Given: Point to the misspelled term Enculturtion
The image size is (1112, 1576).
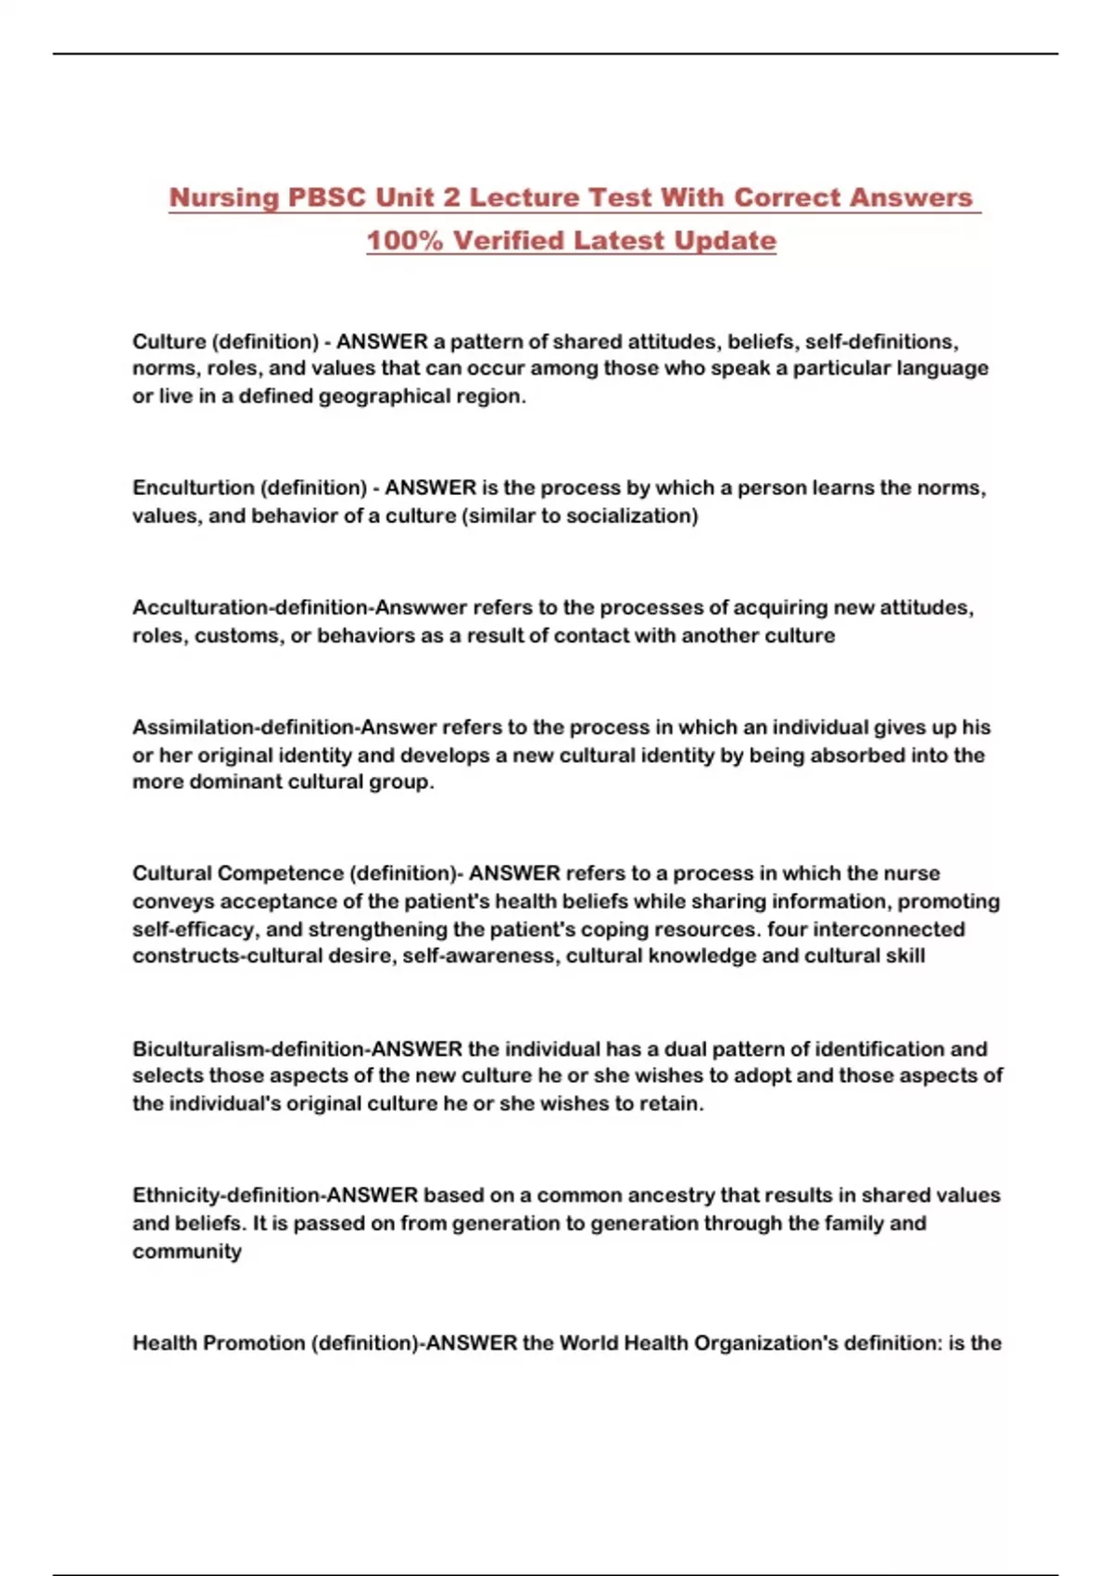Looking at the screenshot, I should (192, 488).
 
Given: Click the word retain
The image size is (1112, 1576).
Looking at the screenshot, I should (669, 1103).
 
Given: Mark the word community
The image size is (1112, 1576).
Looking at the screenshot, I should (186, 1252).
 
